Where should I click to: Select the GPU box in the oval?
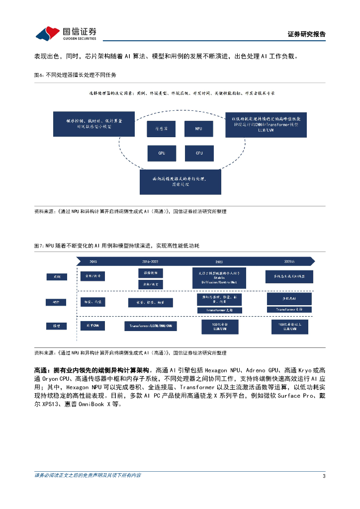click(162, 153)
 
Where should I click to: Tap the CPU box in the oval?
click(199, 153)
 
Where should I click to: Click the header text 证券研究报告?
click(307, 34)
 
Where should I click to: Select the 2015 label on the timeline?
click(93, 261)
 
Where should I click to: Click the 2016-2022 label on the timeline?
click(150, 261)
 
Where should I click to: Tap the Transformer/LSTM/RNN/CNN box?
click(151, 326)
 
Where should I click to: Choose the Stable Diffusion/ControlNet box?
click(219, 277)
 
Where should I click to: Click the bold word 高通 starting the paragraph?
click(40, 370)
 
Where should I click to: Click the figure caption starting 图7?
click(116, 246)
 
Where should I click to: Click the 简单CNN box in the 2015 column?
click(92, 326)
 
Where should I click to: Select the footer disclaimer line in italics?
click(88, 476)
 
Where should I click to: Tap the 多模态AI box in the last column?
click(289, 298)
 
